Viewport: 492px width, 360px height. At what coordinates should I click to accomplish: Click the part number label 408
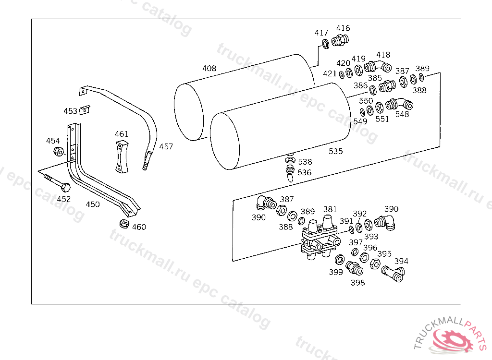click(x=209, y=68)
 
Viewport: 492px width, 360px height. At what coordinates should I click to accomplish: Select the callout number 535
click(x=335, y=152)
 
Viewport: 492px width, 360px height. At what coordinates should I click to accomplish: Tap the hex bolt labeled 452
click(x=58, y=183)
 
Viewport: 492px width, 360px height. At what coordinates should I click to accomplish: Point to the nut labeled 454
click(x=59, y=152)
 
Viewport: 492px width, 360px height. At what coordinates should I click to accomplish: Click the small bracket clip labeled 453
click(x=85, y=110)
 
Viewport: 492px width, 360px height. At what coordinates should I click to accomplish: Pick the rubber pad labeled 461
click(x=122, y=156)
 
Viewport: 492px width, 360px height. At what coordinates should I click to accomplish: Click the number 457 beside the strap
click(x=166, y=147)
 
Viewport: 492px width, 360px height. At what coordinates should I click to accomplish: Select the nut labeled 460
click(x=124, y=224)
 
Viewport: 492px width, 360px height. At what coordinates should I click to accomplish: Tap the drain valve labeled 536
click(x=290, y=173)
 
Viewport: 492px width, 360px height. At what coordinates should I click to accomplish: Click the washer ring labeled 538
click(x=290, y=160)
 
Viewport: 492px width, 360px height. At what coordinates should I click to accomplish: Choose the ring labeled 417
click(x=326, y=43)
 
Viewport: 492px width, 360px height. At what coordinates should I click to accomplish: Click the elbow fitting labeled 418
click(x=378, y=66)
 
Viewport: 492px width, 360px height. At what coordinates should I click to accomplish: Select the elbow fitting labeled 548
click(x=399, y=104)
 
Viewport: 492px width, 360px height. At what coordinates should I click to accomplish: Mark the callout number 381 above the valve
click(x=330, y=209)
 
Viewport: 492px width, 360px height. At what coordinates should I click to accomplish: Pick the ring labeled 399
click(x=340, y=260)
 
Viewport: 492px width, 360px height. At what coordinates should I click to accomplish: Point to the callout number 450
click(x=93, y=204)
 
